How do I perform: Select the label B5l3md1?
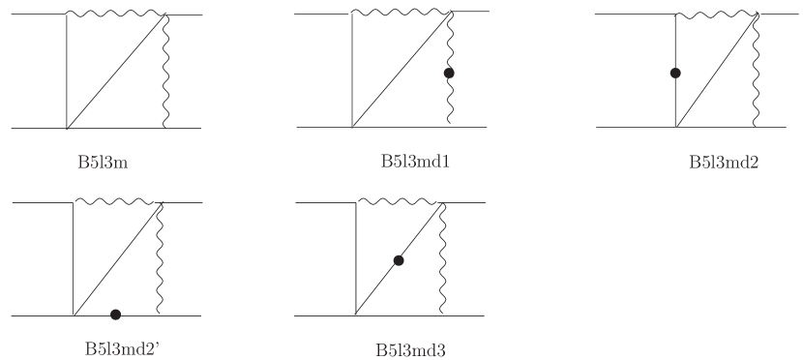pyautogui.click(x=416, y=161)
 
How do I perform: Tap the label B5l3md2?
pyautogui.click(x=723, y=162)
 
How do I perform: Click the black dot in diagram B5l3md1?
pyautogui.click(x=449, y=73)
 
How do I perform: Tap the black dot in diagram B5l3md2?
pyautogui.click(x=675, y=73)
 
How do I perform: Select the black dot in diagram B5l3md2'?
pyautogui.click(x=116, y=314)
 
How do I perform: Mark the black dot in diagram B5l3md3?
pyautogui.click(x=399, y=260)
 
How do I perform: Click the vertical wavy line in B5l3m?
pyautogui.click(x=167, y=73)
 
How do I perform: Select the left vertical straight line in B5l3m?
pyautogui.click(x=66, y=73)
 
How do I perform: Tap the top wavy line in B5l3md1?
pyautogui.click(x=399, y=14)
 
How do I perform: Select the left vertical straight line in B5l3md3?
pyautogui.click(x=357, y=259)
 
